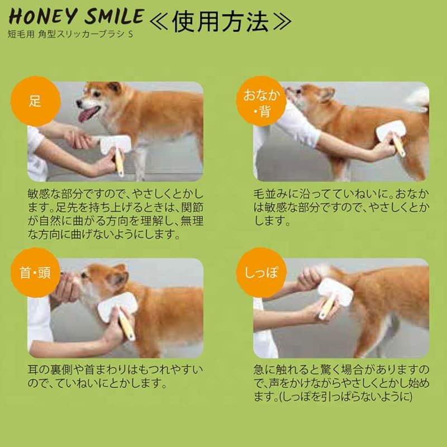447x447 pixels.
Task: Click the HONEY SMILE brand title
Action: click(x=77, y=17)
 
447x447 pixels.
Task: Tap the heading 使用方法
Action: click(x=220, y=22)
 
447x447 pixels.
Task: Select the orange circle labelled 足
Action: click(x=35, y=101)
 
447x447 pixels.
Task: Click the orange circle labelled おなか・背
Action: click(x=261, y=102)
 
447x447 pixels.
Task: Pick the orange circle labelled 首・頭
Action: click(x=35, y=273)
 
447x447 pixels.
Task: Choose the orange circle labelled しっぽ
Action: click(x=261, y=273)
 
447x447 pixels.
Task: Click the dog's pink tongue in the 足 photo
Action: click(x=88, y=114)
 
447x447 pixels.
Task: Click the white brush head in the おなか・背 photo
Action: click(x=391, y=130)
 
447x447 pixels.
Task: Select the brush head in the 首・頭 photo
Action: click(x=117, y=307)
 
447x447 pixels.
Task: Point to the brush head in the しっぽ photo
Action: click(x=335, y=292)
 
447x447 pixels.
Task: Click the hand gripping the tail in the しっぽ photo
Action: click(x=310, y=278)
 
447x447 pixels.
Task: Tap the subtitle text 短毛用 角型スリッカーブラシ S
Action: click(x=70, y=35)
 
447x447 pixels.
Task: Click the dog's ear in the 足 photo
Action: click(x=115, y=87)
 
